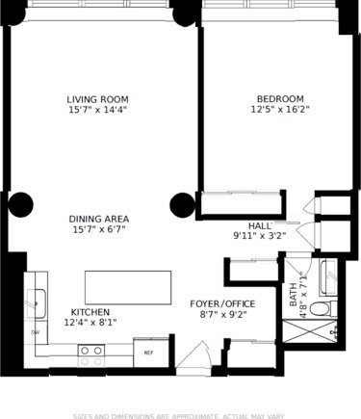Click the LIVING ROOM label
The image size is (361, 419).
tap(97, 99)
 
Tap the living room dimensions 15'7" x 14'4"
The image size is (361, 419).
tap(97, 112)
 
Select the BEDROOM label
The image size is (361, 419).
tap(280, 99)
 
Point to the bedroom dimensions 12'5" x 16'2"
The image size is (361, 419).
tap(280, 112)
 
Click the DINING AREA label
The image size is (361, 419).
tap(100, 219)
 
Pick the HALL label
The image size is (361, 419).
tap(260, 224)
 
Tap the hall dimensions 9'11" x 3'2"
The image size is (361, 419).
tap(260, 236)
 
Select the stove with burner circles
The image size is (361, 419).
tap(91, 354)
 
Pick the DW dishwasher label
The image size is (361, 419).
tap(36, 332)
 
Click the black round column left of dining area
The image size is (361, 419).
tap(21, 204)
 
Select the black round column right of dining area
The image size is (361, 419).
tap(182, 204)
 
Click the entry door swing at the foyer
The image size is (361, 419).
tap(193, 355)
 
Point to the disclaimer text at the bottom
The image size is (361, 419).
tap(181, 416)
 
